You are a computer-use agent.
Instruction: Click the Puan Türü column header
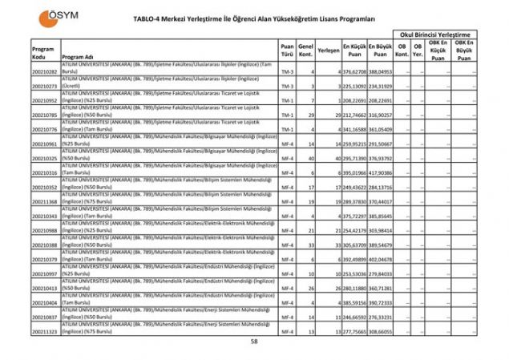pos(287,51)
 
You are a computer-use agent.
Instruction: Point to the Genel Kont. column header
pos(305,51)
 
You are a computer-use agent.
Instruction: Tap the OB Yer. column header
pos(418,51)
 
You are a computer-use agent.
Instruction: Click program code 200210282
pos(44,73)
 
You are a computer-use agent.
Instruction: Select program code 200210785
pos(44,115)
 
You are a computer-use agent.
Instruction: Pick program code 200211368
pos(44,202)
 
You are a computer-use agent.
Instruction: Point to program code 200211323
pos(44,331)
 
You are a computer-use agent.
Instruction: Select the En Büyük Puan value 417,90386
pos(380,172)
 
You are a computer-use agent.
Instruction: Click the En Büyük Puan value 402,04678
pos(380,259)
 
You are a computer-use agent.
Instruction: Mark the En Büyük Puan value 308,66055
pos(380,331)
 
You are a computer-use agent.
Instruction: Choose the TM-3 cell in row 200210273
pos(287,87)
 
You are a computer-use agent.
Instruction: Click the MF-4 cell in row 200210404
pos(287,302)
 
